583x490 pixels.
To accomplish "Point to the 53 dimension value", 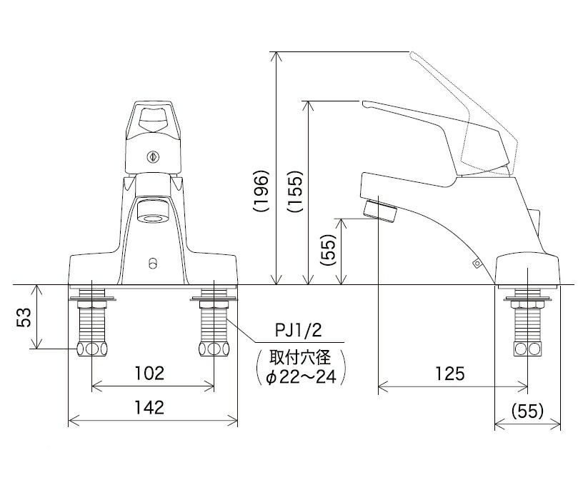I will [x=24, y=317].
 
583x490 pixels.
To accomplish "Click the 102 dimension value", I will [x=150, y=374].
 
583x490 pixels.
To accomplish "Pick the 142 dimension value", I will [x=150, y=408].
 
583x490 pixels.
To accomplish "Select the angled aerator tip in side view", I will [x=380, y=211].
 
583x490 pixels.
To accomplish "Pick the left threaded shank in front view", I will [x=91, y=321].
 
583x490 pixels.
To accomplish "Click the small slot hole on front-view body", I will [x=151, y=264].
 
